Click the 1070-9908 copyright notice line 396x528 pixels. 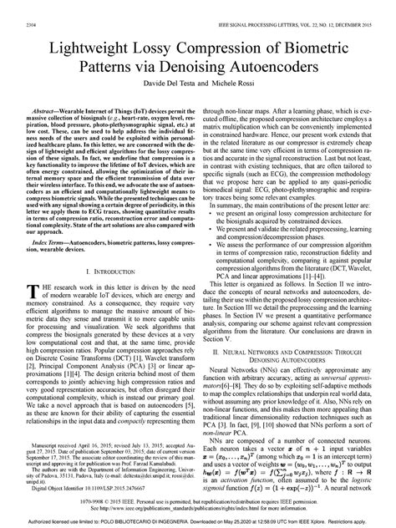click(x=198, y=500)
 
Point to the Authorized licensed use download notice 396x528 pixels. click(x=198, y=521)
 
